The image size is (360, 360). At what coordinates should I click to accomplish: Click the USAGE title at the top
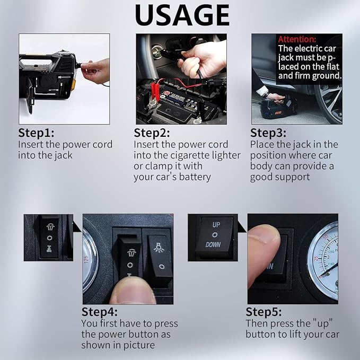click(182, 15)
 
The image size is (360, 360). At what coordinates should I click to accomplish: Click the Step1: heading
click(36, 133)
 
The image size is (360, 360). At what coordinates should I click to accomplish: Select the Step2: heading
click(152, 133)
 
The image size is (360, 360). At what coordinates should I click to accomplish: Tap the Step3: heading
click(268, 133)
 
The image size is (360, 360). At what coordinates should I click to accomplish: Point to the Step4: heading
click(100, 312)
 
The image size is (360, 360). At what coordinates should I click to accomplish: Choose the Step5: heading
click(264, 312)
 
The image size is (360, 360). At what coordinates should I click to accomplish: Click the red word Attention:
click(297, 39)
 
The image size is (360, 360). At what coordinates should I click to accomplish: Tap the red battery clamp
click(155, 92)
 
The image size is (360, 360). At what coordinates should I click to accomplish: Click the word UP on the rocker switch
click(216, 225)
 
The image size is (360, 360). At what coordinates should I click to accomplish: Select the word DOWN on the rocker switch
click(213, 245)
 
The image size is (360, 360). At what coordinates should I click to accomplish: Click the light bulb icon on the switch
click(159, 248)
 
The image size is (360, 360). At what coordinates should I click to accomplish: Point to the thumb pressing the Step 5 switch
click(264, 255)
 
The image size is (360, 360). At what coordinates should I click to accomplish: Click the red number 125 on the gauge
click(86, 260)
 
